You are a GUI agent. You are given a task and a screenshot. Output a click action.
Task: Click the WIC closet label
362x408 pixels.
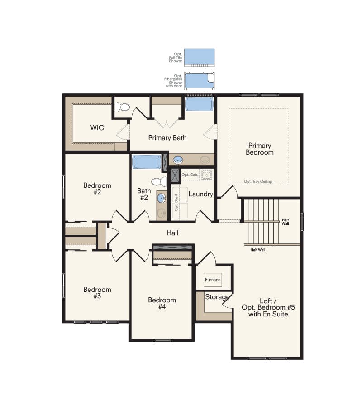[97, 128]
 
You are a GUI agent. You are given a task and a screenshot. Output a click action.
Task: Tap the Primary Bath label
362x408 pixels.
[167, 138]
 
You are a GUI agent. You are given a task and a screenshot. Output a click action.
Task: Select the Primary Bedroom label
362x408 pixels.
[260, 149]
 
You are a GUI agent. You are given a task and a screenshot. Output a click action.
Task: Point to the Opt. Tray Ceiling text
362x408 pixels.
[258, 181]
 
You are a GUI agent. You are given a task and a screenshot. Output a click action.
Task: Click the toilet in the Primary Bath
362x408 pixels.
[122, 107]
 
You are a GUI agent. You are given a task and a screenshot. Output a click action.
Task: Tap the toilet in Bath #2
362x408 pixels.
[157, 182]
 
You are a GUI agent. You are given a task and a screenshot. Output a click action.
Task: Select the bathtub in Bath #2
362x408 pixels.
[146, 162]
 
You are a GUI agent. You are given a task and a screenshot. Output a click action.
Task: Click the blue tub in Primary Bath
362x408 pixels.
[199, 104]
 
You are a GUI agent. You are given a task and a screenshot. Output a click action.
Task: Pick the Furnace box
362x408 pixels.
[213, 280]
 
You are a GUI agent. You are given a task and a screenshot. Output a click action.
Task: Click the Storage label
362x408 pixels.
[217, 297]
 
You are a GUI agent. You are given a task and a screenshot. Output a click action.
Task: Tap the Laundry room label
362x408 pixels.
[200, 194]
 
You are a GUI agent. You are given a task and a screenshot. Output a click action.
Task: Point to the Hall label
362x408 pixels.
[172, 233]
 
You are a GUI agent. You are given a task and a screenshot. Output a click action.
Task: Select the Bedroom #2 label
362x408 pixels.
[97, 189]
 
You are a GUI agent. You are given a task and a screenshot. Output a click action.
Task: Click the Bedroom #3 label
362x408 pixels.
[97, 293]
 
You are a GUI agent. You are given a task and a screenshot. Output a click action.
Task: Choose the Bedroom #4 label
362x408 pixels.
[162, 303]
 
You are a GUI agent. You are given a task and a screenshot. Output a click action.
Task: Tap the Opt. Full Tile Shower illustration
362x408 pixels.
[200, 58]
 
